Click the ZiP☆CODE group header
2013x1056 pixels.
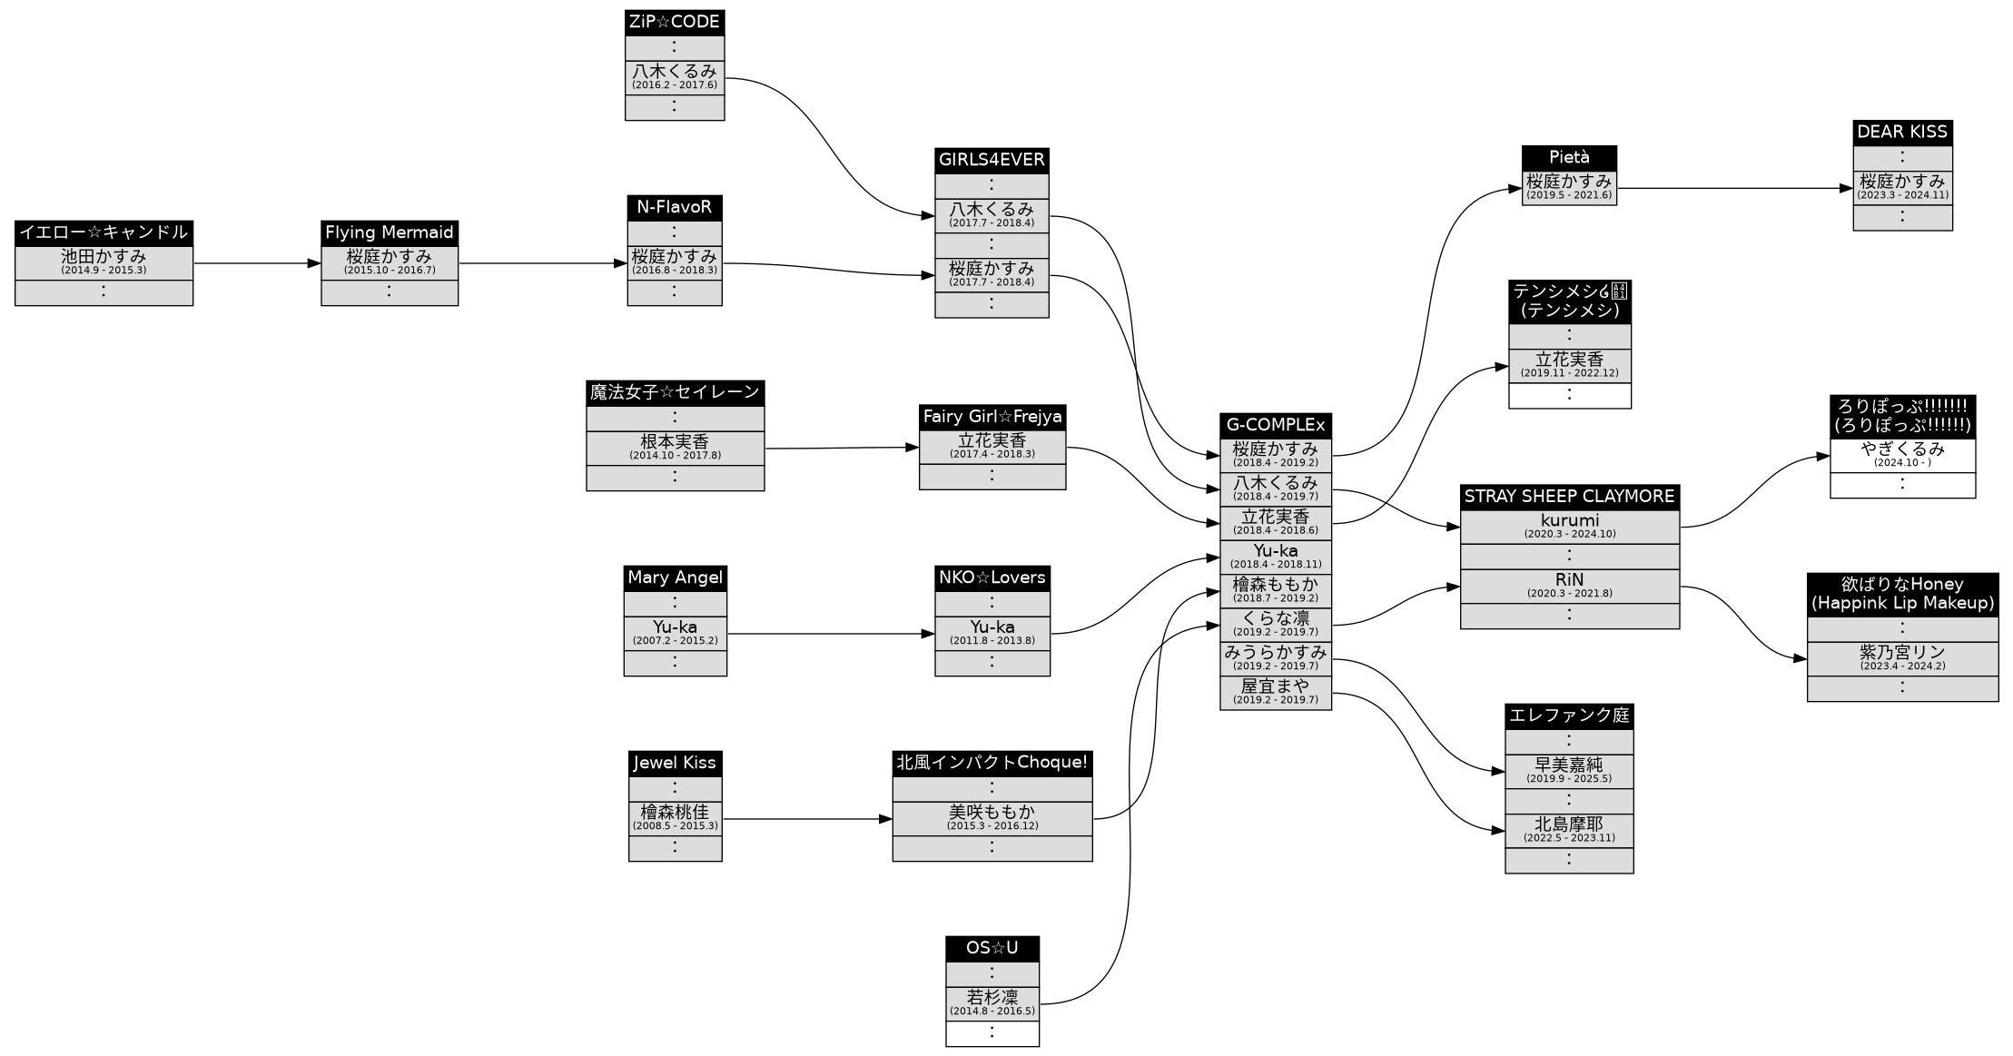point(674,23)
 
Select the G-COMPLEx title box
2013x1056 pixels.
point(1275,425)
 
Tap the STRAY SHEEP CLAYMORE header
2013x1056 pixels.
point(1569,497)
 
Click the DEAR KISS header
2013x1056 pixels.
point(1902,133)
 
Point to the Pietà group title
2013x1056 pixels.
point(1569,158)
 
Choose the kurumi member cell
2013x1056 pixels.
point(1569,526)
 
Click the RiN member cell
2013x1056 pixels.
point(1569,585)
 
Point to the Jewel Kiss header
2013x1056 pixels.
point(675,763)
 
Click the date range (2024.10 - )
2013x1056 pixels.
point(1902,463)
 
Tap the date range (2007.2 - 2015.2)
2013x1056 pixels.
point(675,641)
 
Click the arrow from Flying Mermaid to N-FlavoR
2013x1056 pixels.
point(542,263)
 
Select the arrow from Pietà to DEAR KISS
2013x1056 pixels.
point(1734,189)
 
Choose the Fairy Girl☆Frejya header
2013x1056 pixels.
point(992,417)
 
